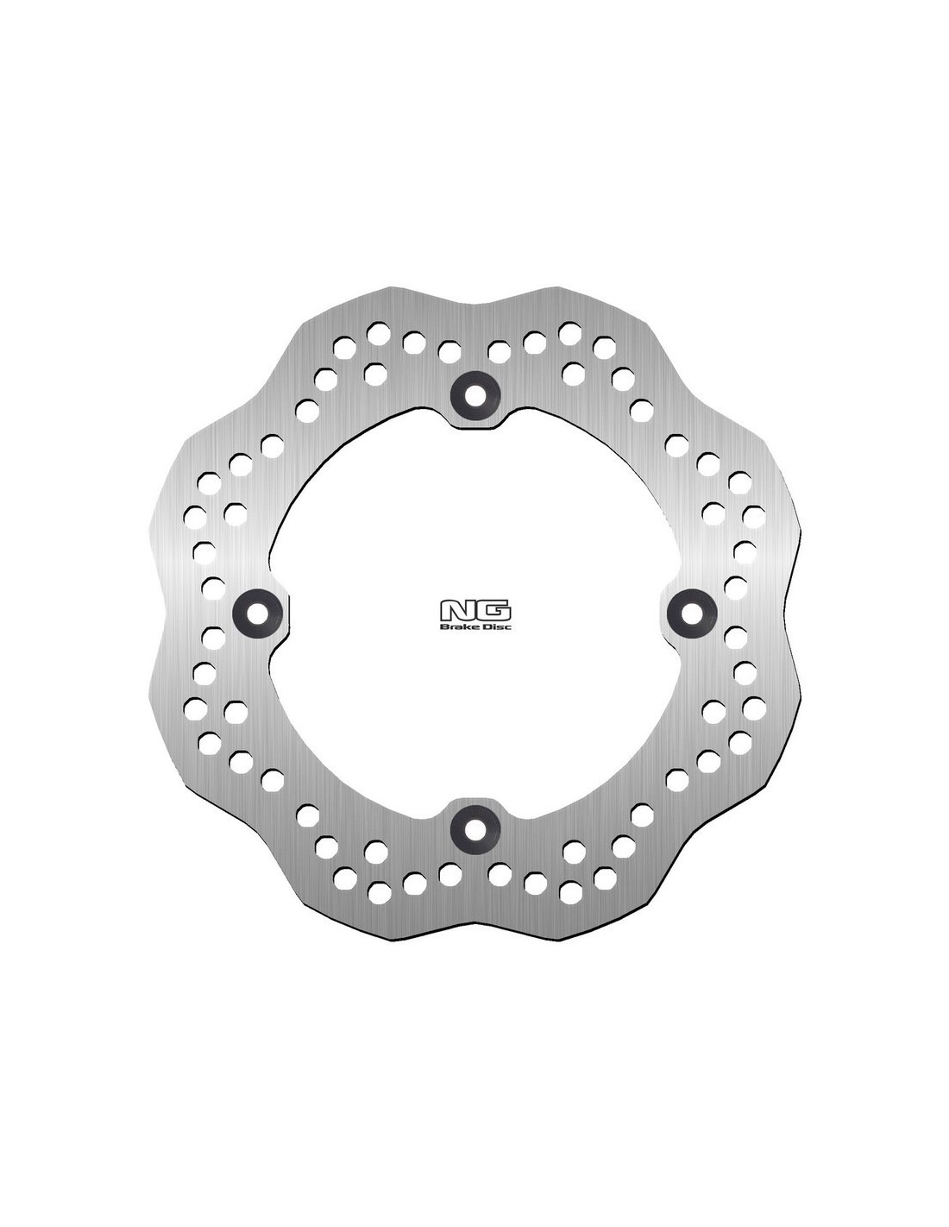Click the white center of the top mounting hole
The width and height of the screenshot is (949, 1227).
click(x=475, y=396)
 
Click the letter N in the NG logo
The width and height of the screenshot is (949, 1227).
click(x=457, y=610)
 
